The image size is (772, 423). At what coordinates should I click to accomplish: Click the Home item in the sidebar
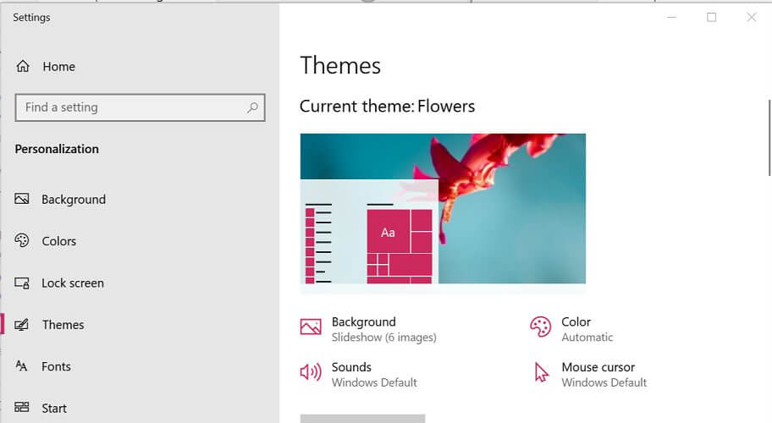46,66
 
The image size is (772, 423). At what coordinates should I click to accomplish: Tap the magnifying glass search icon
252,107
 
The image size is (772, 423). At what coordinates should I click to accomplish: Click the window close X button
752,17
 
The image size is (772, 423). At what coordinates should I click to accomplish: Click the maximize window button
711,17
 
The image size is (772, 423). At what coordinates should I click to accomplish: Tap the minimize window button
671,17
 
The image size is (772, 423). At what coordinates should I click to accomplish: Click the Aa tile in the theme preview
388,231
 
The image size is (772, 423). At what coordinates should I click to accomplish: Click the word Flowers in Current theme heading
446,107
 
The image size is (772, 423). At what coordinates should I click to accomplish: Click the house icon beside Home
23,66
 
